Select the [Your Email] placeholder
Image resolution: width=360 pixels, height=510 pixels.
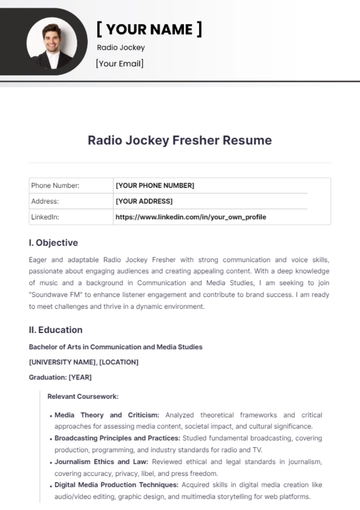[x=120, y=64]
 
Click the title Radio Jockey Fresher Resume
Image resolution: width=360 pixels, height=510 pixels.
[x=180, y=140]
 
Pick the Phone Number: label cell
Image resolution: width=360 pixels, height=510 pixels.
[x=55, y=185]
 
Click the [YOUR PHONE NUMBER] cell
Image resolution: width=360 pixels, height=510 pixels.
[x=155, y=185]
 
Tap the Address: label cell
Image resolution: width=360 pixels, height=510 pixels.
[x=46, y=200]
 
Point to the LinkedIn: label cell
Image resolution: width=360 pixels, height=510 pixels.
[x=46, y=216]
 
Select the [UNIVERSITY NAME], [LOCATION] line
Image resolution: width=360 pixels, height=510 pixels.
[x=84, y=361]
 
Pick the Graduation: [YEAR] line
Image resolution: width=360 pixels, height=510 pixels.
[x=62, y=376]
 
